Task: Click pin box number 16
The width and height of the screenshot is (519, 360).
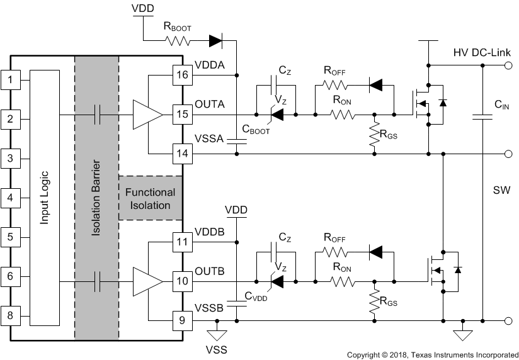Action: pyautogui.click(x=181, y=76)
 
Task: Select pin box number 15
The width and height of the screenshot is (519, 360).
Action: pyautogui.click(x=181, y=115)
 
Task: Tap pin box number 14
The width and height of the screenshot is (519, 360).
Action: pyautogui.click(x=181, y=154)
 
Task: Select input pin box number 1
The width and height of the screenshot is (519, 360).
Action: pyautogui.click(x=10, y=79)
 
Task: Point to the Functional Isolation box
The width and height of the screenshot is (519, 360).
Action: pyautogui.click(x=150, y=198)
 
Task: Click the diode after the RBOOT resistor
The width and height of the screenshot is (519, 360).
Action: pyautogui.click(x=215, y=42)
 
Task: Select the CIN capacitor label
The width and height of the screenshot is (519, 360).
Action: pyautogui.click(x=501, y=104)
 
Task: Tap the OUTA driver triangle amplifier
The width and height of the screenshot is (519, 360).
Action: pyautogui.click(x=146, y=115)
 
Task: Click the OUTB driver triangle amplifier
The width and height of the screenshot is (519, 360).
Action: pyautogui.click(x=146, y=281)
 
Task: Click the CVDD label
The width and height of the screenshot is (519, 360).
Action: pyautogui.click(x=256, y=298)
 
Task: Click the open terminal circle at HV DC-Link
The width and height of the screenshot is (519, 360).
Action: pyautogui.click(x=509, y=65)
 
